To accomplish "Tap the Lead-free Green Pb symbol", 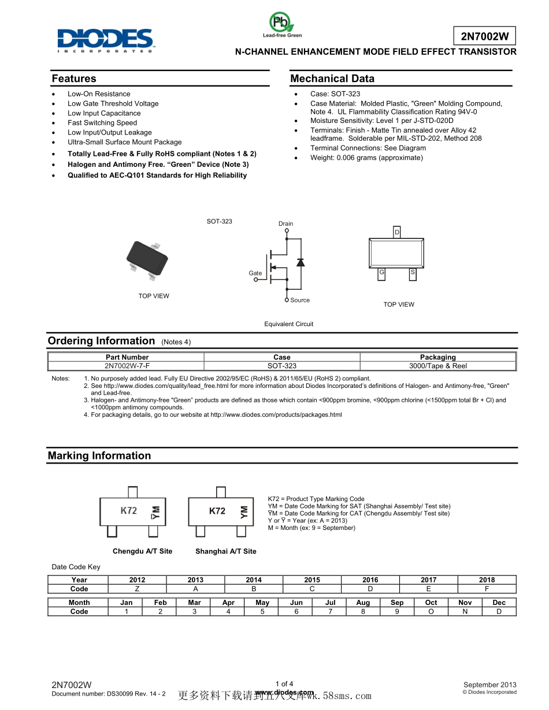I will tap(281, 24).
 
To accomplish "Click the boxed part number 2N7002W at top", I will tap(484, 37).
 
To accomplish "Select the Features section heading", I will tap(74, 79).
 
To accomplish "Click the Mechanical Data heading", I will tap(332, 79).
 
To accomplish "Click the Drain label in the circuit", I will tap(285, 223).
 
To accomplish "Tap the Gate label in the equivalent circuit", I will tap(255, 273).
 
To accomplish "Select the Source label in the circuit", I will tap(300, 300).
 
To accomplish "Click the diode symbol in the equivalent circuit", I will tap(300, 262).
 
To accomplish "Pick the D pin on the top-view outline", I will tap(396, 232).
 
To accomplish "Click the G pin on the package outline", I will tap(381, 272).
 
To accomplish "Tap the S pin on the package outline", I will tap(413, 272).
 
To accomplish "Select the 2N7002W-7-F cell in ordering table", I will tap(127, 366).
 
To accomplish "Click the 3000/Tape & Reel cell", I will tap(438, 366).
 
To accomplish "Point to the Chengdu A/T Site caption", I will tap(142, 551).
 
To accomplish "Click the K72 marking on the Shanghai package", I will tap(217, 511).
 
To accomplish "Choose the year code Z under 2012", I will tap(137, 589).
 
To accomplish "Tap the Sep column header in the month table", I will tap(397, 603).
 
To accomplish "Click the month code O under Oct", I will tap(431, 611).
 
